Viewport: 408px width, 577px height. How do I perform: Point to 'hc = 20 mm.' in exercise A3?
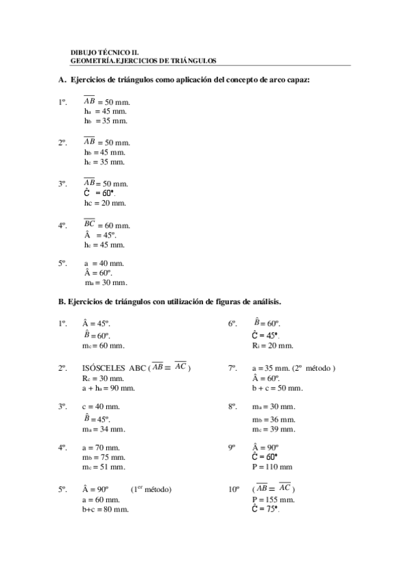pyautogui.click(x=105, y=203)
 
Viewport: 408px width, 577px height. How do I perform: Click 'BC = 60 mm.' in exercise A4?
pyautogui.click(x=106, y=225)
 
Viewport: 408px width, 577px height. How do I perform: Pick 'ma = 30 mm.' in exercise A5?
pyautogui.click(x=106, y=282)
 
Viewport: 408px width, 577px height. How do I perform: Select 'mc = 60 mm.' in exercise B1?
pyautogui.click(x=104, y=346)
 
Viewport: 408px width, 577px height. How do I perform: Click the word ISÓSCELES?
pyautogui.click(x=104, y=368)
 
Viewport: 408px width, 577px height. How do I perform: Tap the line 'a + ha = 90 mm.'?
pyautogui.click(x=108, y=388)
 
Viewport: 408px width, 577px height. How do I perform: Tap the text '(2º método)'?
pyautogui.click(x=315, y=368)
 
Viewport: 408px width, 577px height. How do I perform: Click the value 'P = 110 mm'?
pyautogui.click(x=272, y=467)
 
